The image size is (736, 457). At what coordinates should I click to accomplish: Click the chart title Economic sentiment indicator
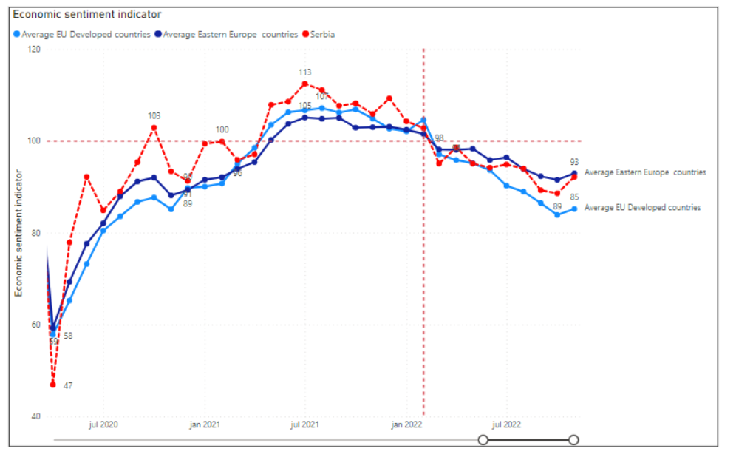(87, 15)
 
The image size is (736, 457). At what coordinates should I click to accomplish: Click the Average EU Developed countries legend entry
(86, 34)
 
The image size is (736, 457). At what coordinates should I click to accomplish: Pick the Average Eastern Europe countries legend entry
(230, 34)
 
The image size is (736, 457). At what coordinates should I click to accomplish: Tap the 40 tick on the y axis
(35, 417)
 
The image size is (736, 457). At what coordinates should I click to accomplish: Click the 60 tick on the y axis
(35, 325)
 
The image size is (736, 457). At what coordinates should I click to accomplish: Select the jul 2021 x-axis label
(304, 425)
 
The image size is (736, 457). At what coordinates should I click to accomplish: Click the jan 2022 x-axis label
(406, 425)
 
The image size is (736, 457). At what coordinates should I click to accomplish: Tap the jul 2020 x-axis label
(103, 425)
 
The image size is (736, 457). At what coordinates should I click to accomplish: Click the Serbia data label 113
(304, 72)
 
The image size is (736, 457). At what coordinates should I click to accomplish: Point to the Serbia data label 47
(67, 385)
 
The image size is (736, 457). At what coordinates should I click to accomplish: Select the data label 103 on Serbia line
(154, 116)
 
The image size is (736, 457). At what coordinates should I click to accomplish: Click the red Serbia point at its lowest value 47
(53, 385)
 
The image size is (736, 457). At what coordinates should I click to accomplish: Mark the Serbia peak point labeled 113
(304, 84)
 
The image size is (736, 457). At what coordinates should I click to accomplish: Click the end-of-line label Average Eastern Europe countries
(645, 172)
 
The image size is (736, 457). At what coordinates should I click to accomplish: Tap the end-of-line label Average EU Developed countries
(642, 208)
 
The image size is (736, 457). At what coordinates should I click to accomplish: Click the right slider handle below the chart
(573, 440)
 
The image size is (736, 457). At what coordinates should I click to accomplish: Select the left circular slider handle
(483, 440)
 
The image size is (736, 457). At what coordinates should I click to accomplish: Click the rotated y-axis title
(20, 233)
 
